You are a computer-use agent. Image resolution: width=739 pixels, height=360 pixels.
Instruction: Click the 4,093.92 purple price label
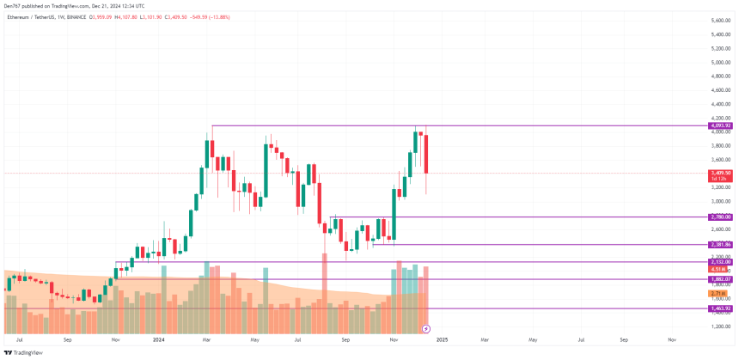(720, 125)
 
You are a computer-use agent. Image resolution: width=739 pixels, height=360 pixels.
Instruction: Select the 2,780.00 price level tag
(720, 217)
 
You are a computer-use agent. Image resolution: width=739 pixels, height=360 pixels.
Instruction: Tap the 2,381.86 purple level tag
(720, 245)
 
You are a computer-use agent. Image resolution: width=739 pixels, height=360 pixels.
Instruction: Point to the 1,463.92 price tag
(720, 308)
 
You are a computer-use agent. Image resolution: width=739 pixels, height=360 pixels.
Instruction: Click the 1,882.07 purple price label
(720, 279)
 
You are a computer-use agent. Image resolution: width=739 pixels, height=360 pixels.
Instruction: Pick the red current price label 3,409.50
(720, 173)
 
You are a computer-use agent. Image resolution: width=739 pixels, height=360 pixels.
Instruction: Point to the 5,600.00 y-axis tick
(721, 20)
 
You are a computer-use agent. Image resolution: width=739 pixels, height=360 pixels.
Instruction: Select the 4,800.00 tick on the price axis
(721, 76)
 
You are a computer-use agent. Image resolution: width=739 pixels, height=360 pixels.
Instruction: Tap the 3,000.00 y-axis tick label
(721, 201)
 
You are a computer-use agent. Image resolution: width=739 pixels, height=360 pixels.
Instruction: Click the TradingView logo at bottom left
(23, 352)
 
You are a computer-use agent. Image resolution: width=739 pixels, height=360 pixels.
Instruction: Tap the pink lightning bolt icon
(427, 329)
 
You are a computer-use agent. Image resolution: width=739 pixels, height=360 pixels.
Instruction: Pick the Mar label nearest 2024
(206, 340)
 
